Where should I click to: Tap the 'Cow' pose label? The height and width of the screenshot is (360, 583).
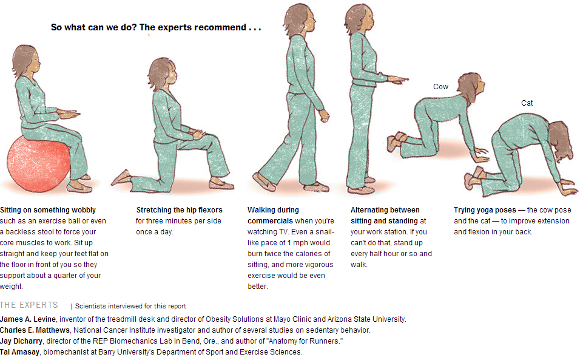[x=440, y=87]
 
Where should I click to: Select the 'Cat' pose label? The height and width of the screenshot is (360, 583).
[x=527, y=103]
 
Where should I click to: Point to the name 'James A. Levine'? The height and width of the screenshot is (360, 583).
[x=28, y=319]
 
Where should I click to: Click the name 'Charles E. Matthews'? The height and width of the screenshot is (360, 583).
[x=35, y=330]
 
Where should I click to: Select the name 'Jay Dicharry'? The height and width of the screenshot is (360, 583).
[x=21, y=341]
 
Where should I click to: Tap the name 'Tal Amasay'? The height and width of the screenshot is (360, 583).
[x=19, y=352]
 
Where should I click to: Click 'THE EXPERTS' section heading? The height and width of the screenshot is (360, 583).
[x=29, y=305]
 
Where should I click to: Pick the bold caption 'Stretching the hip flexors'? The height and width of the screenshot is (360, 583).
[x=179, y=210]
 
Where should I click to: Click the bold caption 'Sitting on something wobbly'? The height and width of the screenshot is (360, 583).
[x=48, y=210]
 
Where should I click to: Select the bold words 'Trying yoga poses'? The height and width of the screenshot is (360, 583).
[x=485, y=210]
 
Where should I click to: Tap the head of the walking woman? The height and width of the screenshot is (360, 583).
[x=299, y=19]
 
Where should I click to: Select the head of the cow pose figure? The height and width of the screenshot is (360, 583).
[x=471, y=87]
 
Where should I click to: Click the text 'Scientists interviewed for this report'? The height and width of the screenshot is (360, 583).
[x=130, y=306]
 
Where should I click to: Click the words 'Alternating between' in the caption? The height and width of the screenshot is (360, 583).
[x=385, y=210]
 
